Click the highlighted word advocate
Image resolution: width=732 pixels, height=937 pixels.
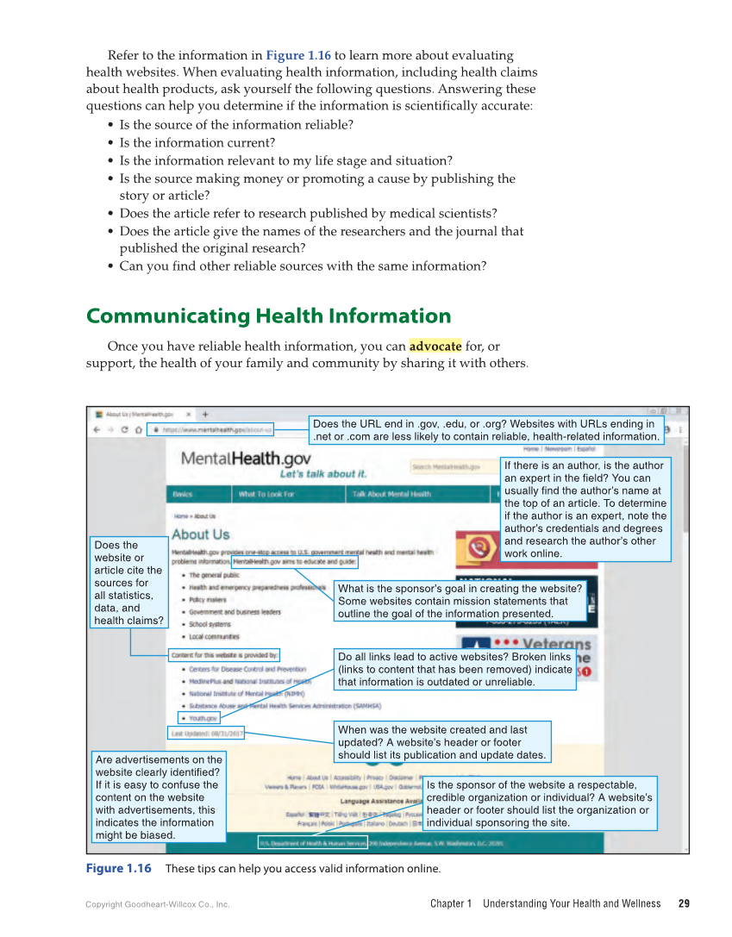[x=435, y=346]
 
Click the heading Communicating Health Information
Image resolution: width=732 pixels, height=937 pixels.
[x=268, y=315]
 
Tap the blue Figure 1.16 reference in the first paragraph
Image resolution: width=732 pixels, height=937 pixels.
[x=298, y=55]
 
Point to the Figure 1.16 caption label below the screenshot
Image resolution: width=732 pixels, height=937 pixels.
[x=118, y=868]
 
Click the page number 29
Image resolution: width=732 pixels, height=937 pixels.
[x=684, y=903]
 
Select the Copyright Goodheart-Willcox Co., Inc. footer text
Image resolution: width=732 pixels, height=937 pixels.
[x=158, y=904]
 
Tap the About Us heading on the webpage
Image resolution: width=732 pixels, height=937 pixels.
[x=201, y=534]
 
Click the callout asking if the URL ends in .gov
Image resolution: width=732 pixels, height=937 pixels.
[x=485, y=430]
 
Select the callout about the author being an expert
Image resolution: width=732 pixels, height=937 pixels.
[x=585, y=509]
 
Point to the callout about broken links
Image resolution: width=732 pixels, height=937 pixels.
[x=454, y=669]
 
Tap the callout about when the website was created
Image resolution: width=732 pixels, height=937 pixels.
[x=441, y=742]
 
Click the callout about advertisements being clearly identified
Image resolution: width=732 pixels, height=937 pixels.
[x=158, y=796]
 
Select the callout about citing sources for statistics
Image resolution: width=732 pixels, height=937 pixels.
[x=128, y=583]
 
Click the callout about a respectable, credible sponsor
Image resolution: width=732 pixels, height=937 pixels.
[x=540, y=803]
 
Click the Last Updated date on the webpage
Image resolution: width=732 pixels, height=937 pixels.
[x=207, y=734]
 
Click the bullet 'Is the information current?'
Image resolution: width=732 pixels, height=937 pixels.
[x=197, y=142]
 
